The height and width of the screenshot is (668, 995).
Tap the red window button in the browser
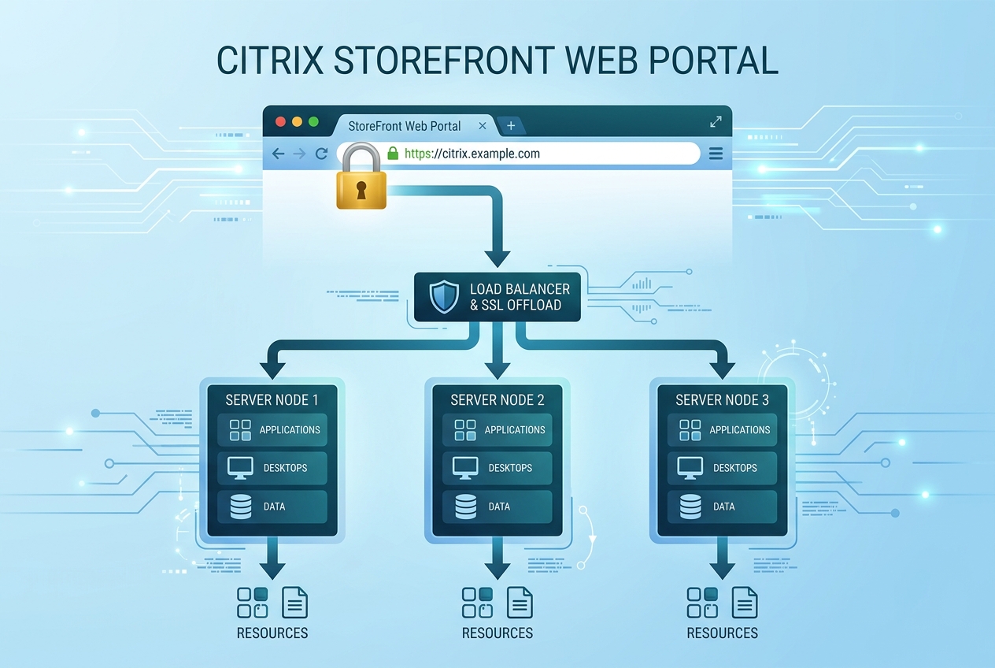pyautogui.click(x=279, y=122)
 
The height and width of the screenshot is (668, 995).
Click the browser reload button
pyautogui.click(x=321, y=154)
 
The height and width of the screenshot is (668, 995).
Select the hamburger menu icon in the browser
pyautogui.click(x=716, y=154)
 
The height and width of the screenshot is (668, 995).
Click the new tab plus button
pyautogui.click(x=511, y=126)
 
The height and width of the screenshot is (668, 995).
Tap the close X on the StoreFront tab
pyautogui.click(x=483, y=126)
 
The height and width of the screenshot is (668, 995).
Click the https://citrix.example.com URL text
pyautogui.click(x=472, y=154)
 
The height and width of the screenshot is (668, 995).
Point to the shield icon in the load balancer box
pyautogui.click(x=444, y=297)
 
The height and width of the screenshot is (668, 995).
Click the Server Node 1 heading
pyautogui.click(x=272, y=400)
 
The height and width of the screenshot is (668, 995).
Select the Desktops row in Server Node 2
pyautogui.click(x=497, y=468)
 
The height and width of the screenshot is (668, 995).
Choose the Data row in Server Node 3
pyautogui.click(x=723, y=507)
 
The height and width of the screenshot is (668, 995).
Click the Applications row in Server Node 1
pyautogui.click(x=272, y=430)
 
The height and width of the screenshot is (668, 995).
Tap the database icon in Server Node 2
pyautogui.click(x=464, y=507)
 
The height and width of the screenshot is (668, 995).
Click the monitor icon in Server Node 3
pyautogui.click(x=690, y=468)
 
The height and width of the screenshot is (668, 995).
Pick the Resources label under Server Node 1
pyautogui.click(x=272, y=633)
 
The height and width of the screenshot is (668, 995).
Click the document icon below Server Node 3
pyautogui.click(x=745, y=603)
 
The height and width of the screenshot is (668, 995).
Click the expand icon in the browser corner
pyautogui.click(x=716, y=122)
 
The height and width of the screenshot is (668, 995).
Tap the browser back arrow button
pyautogui.click(x=278, y=154)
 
